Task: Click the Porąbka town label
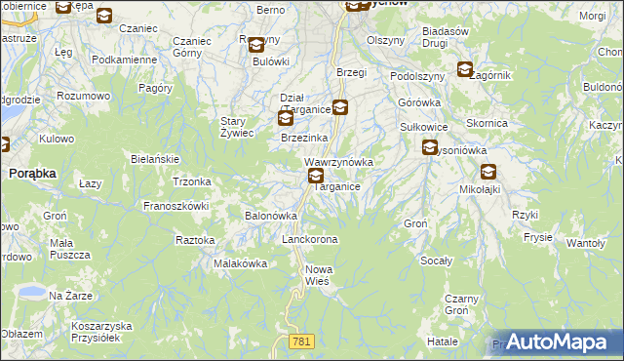pyautogui.click(x=31, y=172)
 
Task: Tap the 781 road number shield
pyautogui.click(x=301, y=340)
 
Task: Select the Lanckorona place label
pyautogui.click(x=309, y=239)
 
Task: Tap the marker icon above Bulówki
pyautogui.click(x=255, y=45)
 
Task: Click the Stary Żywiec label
pyautogui.click(x=236, y=127)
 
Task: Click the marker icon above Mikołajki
pyautogui.click(x=487, y=171)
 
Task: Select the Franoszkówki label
pyautogui.click(x=177, y=206)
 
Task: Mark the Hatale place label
pyautogui.click(x=443, y=342)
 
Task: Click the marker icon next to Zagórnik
pyautogui.click(x=464, y=70)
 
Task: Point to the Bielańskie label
pyautogui.click(x=154, y=158)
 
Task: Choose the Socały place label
pyautogui.click(x=436, y=261)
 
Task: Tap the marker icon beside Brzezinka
pyautogui.click(x=285, y=119)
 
